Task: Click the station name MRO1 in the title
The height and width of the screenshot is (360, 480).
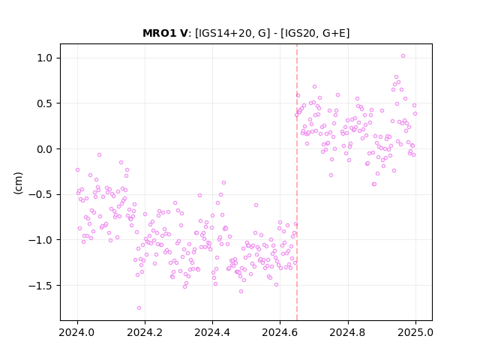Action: pos(160,33)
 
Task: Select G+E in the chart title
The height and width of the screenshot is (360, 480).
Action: pos(334,33)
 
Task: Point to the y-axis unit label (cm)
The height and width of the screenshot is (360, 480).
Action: pos(18,183)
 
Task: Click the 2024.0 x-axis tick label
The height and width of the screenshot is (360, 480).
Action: pos(77,332)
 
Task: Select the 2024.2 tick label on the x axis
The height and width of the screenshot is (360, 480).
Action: pos(145,332)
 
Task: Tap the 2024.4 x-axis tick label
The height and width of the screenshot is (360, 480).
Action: pos(212,332)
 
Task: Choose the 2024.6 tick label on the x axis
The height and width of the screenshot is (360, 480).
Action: pos(280,332)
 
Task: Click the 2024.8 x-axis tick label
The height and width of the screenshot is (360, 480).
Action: pos(347,332)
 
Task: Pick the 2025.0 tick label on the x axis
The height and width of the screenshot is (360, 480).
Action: pos(415,332)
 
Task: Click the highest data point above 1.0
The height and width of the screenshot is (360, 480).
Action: pos(403,56)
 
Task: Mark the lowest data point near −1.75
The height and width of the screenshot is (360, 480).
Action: pos(139,307)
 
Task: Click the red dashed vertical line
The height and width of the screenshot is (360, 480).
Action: pos(297,182)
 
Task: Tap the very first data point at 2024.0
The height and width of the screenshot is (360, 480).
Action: pos(77,170)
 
